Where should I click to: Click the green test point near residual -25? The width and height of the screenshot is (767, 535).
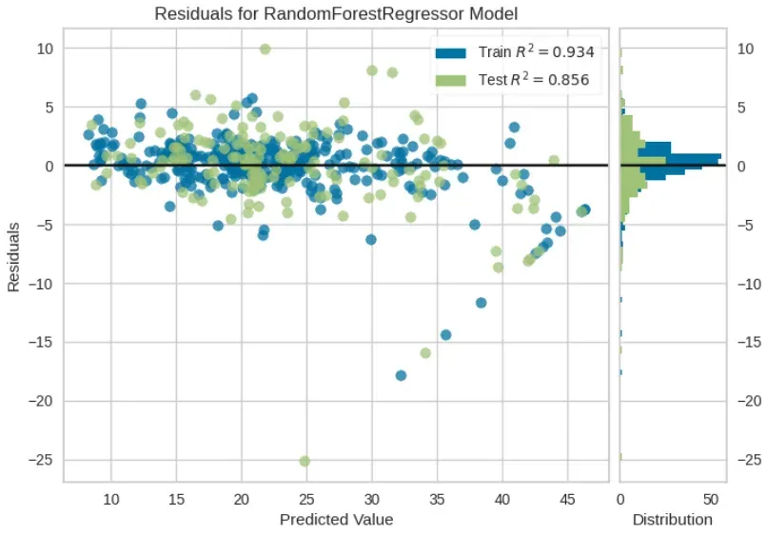click(x=305, y=461)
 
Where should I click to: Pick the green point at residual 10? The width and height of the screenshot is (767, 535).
click(x=265, y=49)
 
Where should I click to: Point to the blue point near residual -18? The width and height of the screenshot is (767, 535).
click(x=402, y=375)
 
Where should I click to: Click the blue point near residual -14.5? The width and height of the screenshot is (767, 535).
click(x=445, y=334)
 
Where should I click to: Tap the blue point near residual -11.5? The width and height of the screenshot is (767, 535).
click(x=481, y=303)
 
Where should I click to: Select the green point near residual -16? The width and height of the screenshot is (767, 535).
click(x=425, y=353)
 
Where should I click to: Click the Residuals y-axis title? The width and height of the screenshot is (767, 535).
click(x=14, y=258)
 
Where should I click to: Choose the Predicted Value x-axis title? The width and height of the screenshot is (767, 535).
click(x=336, y=520)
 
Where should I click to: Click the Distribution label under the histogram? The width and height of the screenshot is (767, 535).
click(x=673, y=520)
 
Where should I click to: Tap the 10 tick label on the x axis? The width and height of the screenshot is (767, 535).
click(x=111, y=500)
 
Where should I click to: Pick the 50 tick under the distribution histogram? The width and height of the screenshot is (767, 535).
click(x=710, y=500)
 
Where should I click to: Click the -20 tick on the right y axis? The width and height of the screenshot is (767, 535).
click(x=747, y=401)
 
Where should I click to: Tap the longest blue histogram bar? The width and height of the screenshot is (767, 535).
click(x=670, y=157)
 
